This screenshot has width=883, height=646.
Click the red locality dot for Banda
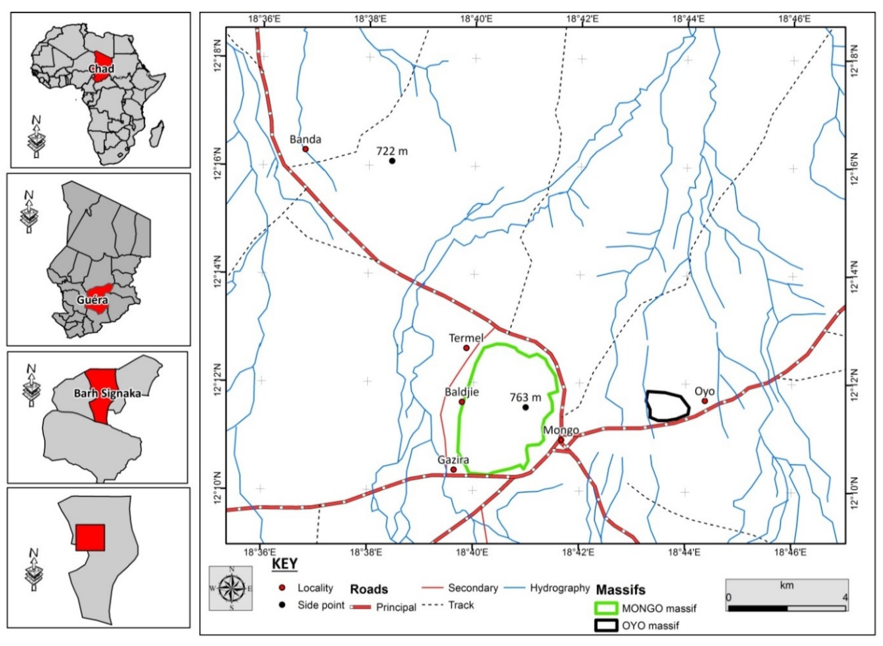[x=305, y=149]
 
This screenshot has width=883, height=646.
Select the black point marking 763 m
[x=526, y=407]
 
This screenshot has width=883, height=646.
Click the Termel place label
[x=466, y=338]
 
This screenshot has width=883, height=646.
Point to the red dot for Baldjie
[x=461, y=402]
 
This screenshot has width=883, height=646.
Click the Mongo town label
[x=561, y=430]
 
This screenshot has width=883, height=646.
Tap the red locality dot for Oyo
[x=705, y=401]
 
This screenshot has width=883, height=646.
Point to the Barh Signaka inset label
[x=108, y=393]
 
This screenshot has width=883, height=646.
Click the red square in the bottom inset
[x=90, y=538]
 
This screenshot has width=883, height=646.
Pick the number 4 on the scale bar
[x=845, y=598]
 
